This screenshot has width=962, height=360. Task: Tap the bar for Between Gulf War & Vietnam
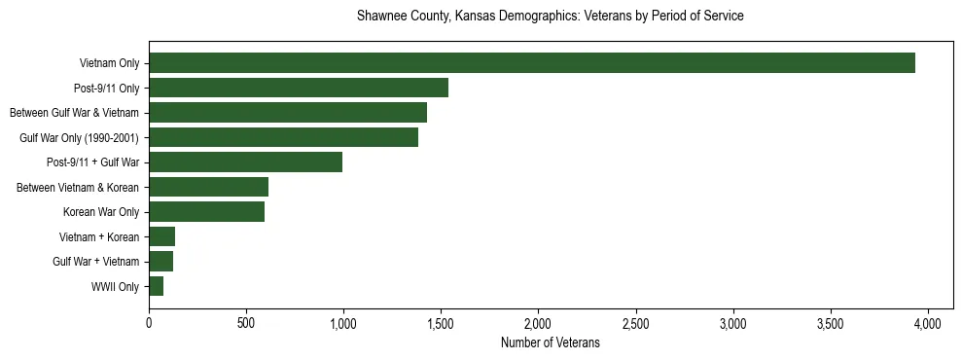click(x=288, y=113)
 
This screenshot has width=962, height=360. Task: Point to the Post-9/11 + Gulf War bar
click(x=245, y=162)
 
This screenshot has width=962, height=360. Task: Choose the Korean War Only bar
click(x=206, y=212)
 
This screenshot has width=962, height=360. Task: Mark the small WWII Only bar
click(x=156, y=287)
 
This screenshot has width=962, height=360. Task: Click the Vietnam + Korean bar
click(x=161, y=237)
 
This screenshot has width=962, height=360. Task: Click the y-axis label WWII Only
click(x=115, y=287)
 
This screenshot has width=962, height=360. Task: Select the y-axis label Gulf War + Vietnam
click(x=96, y=263)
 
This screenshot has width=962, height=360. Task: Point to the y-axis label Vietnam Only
click(x=109, y=64)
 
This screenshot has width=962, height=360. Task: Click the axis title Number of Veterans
click(x=550, y=343)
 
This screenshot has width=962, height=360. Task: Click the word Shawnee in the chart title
click(x=381, y=17)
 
